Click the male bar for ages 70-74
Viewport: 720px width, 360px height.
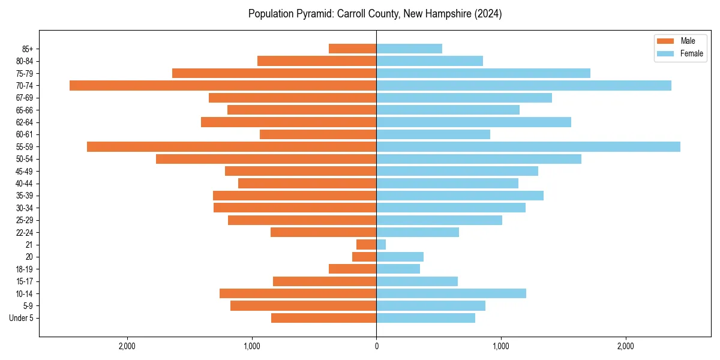click(x=223, y=85)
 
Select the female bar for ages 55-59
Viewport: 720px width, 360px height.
click(x=528, y=146)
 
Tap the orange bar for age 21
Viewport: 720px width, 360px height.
click(x=366, y=244)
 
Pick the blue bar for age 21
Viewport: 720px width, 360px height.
click(x=381, y=244)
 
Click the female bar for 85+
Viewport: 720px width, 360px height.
click(x=409, y=49)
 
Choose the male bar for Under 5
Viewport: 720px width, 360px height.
click(x=323, y=318)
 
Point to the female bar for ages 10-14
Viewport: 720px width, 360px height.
click(x=451, y=293)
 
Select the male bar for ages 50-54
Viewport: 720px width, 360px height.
click(x=266, y=159)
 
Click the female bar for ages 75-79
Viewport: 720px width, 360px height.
click(x=483, y=73)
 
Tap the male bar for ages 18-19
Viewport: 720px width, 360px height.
click(x=352, y=269)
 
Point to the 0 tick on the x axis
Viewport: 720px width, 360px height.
click(x=376, y=346)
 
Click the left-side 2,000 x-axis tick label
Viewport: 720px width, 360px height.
click(x=127, y=346)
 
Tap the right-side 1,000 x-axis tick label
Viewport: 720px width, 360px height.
click(x=501, y=346)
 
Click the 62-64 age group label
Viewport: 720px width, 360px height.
click(x=25, y=122)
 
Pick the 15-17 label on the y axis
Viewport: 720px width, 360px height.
click(x=25, y=281)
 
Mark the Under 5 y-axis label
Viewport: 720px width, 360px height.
click(x=21, y=318)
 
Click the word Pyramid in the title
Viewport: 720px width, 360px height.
click(x=313, y=14)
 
